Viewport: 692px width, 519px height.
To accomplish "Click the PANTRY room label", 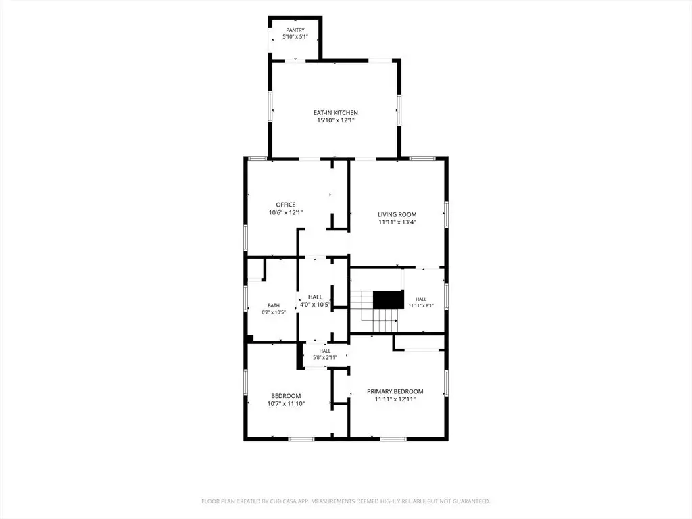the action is point(295,30).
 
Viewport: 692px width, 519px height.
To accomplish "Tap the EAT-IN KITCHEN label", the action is point(336,113).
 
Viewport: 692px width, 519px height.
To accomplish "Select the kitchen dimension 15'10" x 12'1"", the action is point(336,120).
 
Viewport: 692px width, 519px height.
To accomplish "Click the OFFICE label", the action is point(286,205).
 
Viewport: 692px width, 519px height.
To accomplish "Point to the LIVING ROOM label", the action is point(397,214).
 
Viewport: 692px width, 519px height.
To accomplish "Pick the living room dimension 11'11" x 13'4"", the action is point(397,222).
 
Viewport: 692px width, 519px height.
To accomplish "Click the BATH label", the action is point(274,305).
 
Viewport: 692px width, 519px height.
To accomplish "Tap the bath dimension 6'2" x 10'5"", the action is point(274,312).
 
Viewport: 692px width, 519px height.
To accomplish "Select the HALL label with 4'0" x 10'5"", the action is point(315,297).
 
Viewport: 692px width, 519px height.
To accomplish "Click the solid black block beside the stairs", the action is point(389,299).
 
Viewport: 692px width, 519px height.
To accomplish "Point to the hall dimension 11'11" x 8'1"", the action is point(421,305).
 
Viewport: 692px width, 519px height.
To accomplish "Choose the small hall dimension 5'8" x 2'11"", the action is point(325,357).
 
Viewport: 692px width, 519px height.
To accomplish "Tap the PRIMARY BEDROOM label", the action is point(395,391).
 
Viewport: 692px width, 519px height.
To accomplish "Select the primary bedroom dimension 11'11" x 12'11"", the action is point(395,399).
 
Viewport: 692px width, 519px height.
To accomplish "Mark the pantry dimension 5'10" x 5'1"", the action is point(295,36).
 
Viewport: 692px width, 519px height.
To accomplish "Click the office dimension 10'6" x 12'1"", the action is point(286,212).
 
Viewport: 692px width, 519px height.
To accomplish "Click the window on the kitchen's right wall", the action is point(399,110).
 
